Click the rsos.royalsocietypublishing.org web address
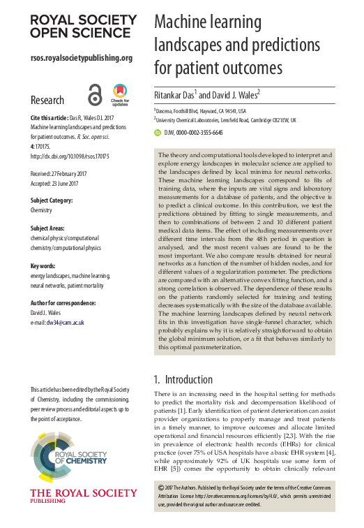coord(81,57)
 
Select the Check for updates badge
coord(119,94)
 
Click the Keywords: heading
coord(45,266)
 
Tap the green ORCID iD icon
coord(157,131)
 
